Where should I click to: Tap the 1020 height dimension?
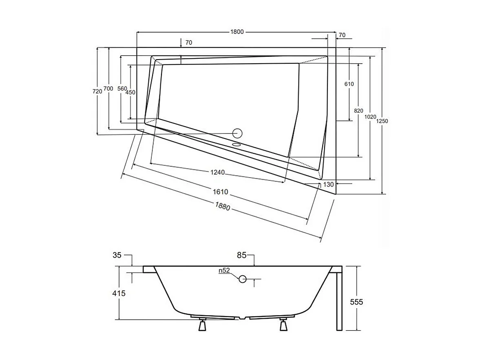tap(370, 117)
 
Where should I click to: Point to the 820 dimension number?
tap(358, 111)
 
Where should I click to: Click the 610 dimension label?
tap(349, 84)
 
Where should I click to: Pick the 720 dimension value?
tap(97, 91)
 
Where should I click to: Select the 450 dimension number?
tap(130, 93)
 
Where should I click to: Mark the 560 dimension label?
tap(122, 89)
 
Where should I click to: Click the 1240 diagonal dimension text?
tap(218, 172)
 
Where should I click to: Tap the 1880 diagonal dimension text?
tap(223, 207)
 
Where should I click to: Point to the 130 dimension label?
tap(328, 184)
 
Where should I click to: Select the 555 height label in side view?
tap(356, 302)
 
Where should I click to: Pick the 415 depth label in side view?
tap(119, 293)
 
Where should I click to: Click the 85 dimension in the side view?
tap(241, 256)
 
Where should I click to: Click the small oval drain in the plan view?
tap(237, 144)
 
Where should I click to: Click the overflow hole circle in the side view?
tap(243, 279)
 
